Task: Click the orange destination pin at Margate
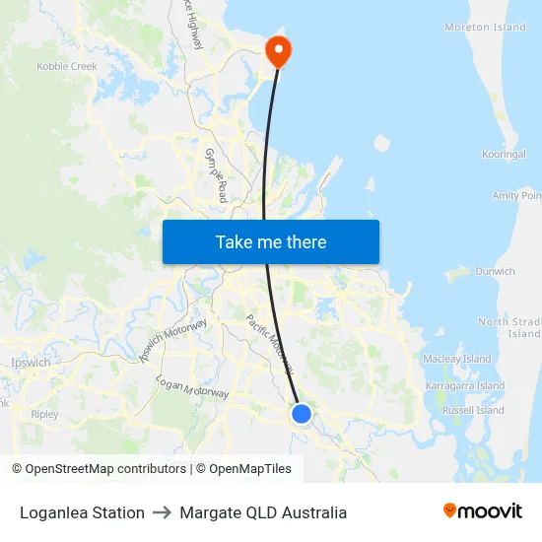click(279, 50)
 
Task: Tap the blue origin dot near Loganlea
click(302, 414)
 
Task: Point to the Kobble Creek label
click(67, 67)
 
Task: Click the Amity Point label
click(516, 196)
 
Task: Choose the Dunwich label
click(495, 271)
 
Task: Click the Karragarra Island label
click(463, 386)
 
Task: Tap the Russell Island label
click(472, 410)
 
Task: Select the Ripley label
click(44, 415)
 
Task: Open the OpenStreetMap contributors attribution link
click(99, 469)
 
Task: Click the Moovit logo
click(483, 511)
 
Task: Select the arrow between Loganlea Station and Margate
click(164, 512)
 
